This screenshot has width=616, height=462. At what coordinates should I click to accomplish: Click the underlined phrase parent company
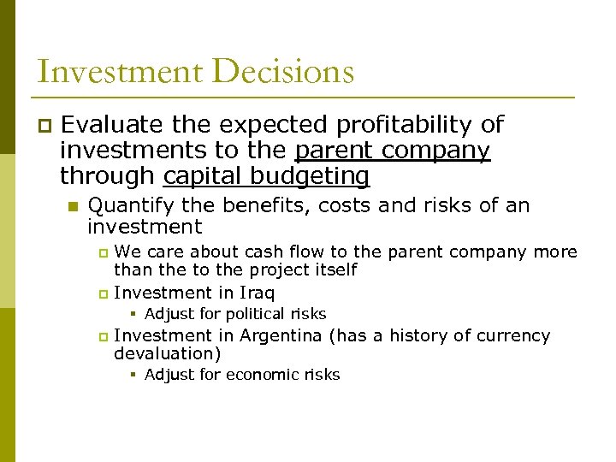(392, 151)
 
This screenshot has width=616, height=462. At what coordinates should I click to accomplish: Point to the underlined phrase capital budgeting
(266, 176)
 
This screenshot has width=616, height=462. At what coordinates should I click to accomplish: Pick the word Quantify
(129, 205)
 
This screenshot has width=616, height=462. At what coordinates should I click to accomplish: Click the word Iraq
(258, 293)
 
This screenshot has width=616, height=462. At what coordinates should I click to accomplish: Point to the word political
(254, 314)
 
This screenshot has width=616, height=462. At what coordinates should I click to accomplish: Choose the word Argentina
(281, 335)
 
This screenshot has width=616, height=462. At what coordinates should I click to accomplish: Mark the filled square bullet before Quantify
(73, 206)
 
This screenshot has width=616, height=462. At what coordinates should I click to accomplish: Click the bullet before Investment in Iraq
(103, 293)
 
